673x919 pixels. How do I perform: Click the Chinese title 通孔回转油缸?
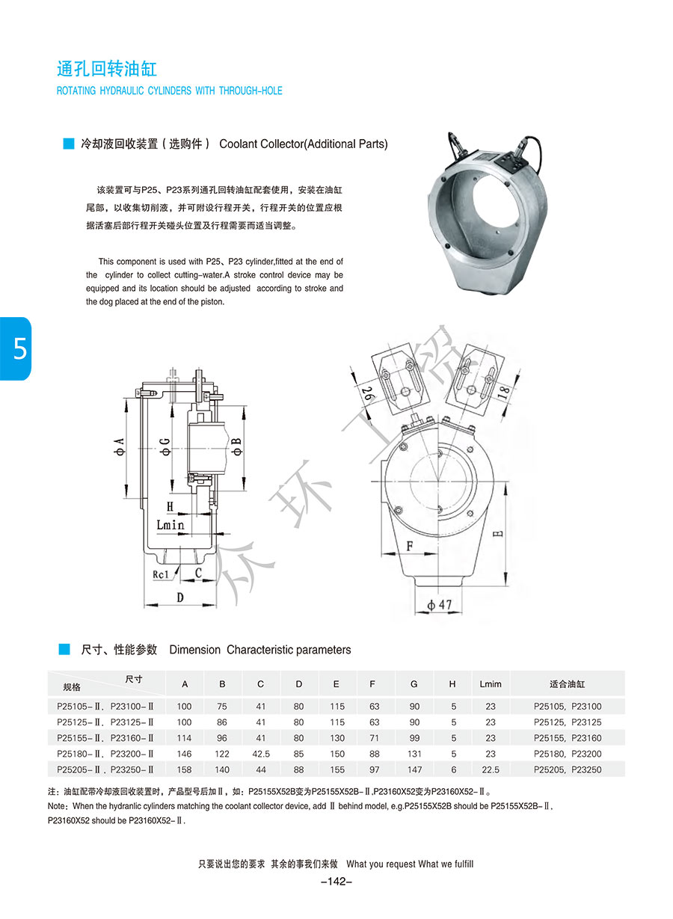107,70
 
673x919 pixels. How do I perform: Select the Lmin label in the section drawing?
170,525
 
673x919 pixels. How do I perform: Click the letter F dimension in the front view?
409,546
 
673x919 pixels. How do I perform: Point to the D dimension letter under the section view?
179,597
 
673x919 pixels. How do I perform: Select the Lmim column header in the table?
491,684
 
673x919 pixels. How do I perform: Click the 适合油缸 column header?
567,684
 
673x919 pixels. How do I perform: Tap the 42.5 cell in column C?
261,754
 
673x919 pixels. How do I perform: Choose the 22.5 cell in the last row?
491,769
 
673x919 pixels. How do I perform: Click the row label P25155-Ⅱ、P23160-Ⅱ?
105,738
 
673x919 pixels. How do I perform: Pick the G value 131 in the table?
414,754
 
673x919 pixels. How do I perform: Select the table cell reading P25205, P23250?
567,769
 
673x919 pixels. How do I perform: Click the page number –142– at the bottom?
336,882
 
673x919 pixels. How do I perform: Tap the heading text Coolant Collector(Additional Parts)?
304,144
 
